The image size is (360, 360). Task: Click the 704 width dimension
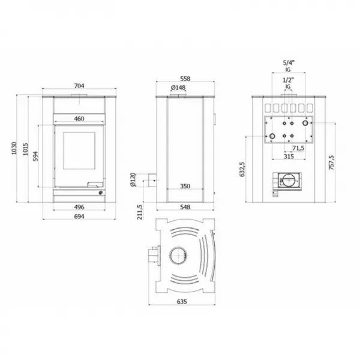pos(79,86)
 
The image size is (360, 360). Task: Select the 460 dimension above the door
pos(79,119)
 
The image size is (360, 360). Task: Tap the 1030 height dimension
pos(16,151)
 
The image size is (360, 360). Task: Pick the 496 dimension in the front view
pos(79,207)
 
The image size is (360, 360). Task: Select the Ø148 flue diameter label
pos(178,88)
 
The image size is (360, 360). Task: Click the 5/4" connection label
pos(288,62)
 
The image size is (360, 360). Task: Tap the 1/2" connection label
pos(288,80)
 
